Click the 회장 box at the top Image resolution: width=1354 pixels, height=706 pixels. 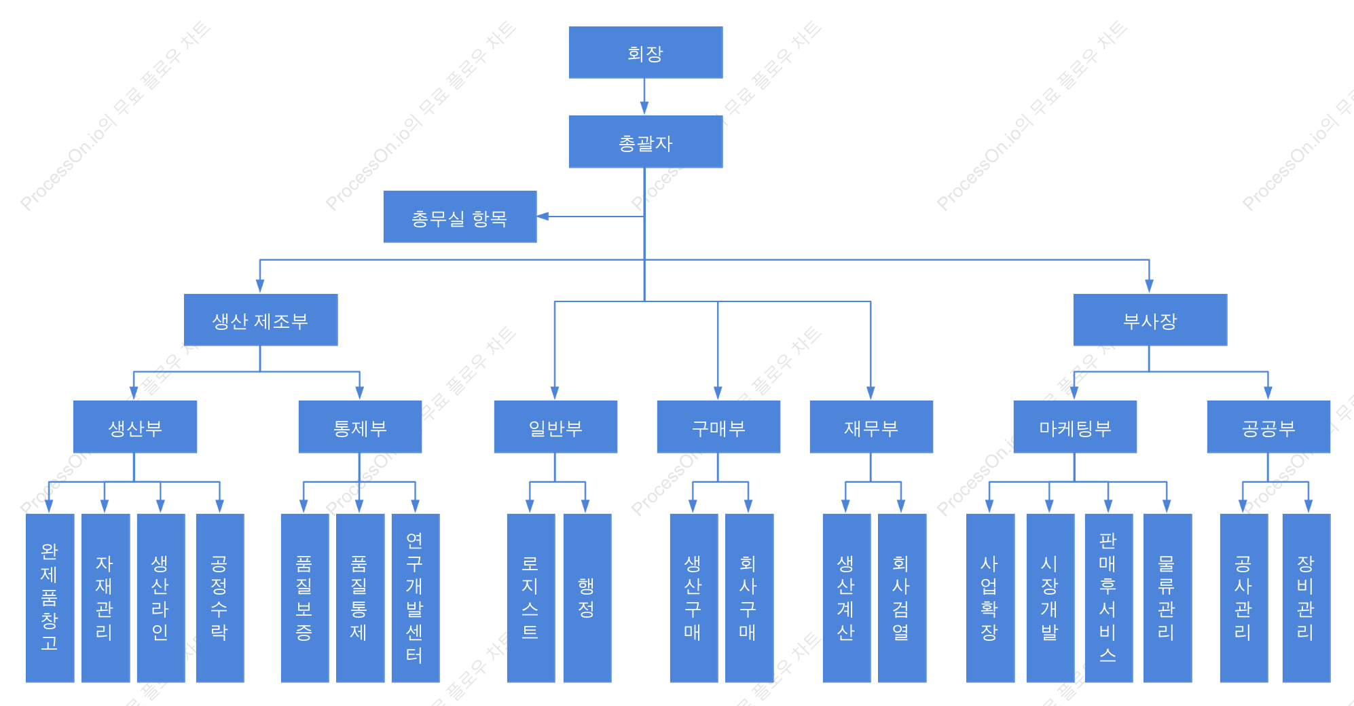point(645,52)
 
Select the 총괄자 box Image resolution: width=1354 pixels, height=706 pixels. point(645,142)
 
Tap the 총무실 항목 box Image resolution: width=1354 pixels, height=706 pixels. point(460,217)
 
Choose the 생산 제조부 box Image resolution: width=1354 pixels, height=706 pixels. point(261,320)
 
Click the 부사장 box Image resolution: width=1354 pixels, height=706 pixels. point(1150,320)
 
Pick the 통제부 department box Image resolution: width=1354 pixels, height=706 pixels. point(360,427)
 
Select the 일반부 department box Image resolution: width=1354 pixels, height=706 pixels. point(555,427)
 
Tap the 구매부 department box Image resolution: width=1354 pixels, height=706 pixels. point(718,427)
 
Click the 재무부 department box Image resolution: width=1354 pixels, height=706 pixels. point(871,427)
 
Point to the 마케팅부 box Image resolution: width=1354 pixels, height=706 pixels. point(1075,427)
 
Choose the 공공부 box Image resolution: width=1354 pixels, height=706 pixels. point(1268,427)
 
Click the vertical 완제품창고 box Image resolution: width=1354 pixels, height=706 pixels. point(50,598)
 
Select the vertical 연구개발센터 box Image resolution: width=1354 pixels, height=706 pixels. point(416,598)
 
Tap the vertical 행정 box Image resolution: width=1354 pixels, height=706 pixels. point(587,598)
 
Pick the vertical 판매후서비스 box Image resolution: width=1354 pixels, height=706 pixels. point(1109,598)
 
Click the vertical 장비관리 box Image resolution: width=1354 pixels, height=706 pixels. point(1306,598)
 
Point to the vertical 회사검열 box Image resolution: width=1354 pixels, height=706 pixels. point(902,598)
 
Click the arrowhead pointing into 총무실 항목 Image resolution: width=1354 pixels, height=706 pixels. point(543,217)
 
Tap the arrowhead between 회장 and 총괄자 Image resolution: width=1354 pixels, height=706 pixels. point(644,108)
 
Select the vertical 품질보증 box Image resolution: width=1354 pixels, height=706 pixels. point(305,598)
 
